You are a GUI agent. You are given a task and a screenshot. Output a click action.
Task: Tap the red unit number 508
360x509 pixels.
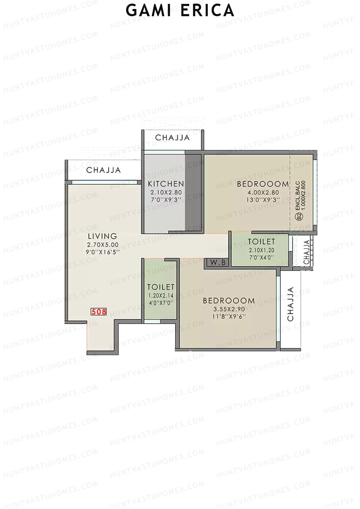99,312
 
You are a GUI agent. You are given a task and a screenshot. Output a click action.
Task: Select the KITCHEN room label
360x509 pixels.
166,184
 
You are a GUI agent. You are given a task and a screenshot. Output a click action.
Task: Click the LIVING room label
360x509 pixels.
102,236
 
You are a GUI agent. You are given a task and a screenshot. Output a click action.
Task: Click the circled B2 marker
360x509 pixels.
298,217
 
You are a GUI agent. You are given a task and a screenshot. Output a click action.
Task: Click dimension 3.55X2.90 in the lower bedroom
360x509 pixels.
229,309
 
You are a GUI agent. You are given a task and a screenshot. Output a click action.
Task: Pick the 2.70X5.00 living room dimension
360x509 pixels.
103,245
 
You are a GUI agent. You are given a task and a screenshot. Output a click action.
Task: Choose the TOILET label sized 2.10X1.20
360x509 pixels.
261,242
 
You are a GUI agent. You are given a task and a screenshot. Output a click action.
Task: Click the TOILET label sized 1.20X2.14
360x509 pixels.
161,287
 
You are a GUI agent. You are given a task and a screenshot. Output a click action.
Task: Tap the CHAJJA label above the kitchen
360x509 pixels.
172,138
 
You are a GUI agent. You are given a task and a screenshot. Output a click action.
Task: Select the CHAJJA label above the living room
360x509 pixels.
103,170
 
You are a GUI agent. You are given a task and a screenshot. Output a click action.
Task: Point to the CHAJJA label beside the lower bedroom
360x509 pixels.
290,304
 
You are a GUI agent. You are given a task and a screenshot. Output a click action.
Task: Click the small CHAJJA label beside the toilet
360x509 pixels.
307,252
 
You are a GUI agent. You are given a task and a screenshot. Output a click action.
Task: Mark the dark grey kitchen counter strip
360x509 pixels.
193,192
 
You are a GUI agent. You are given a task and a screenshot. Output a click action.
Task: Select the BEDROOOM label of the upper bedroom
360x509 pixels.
263,184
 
